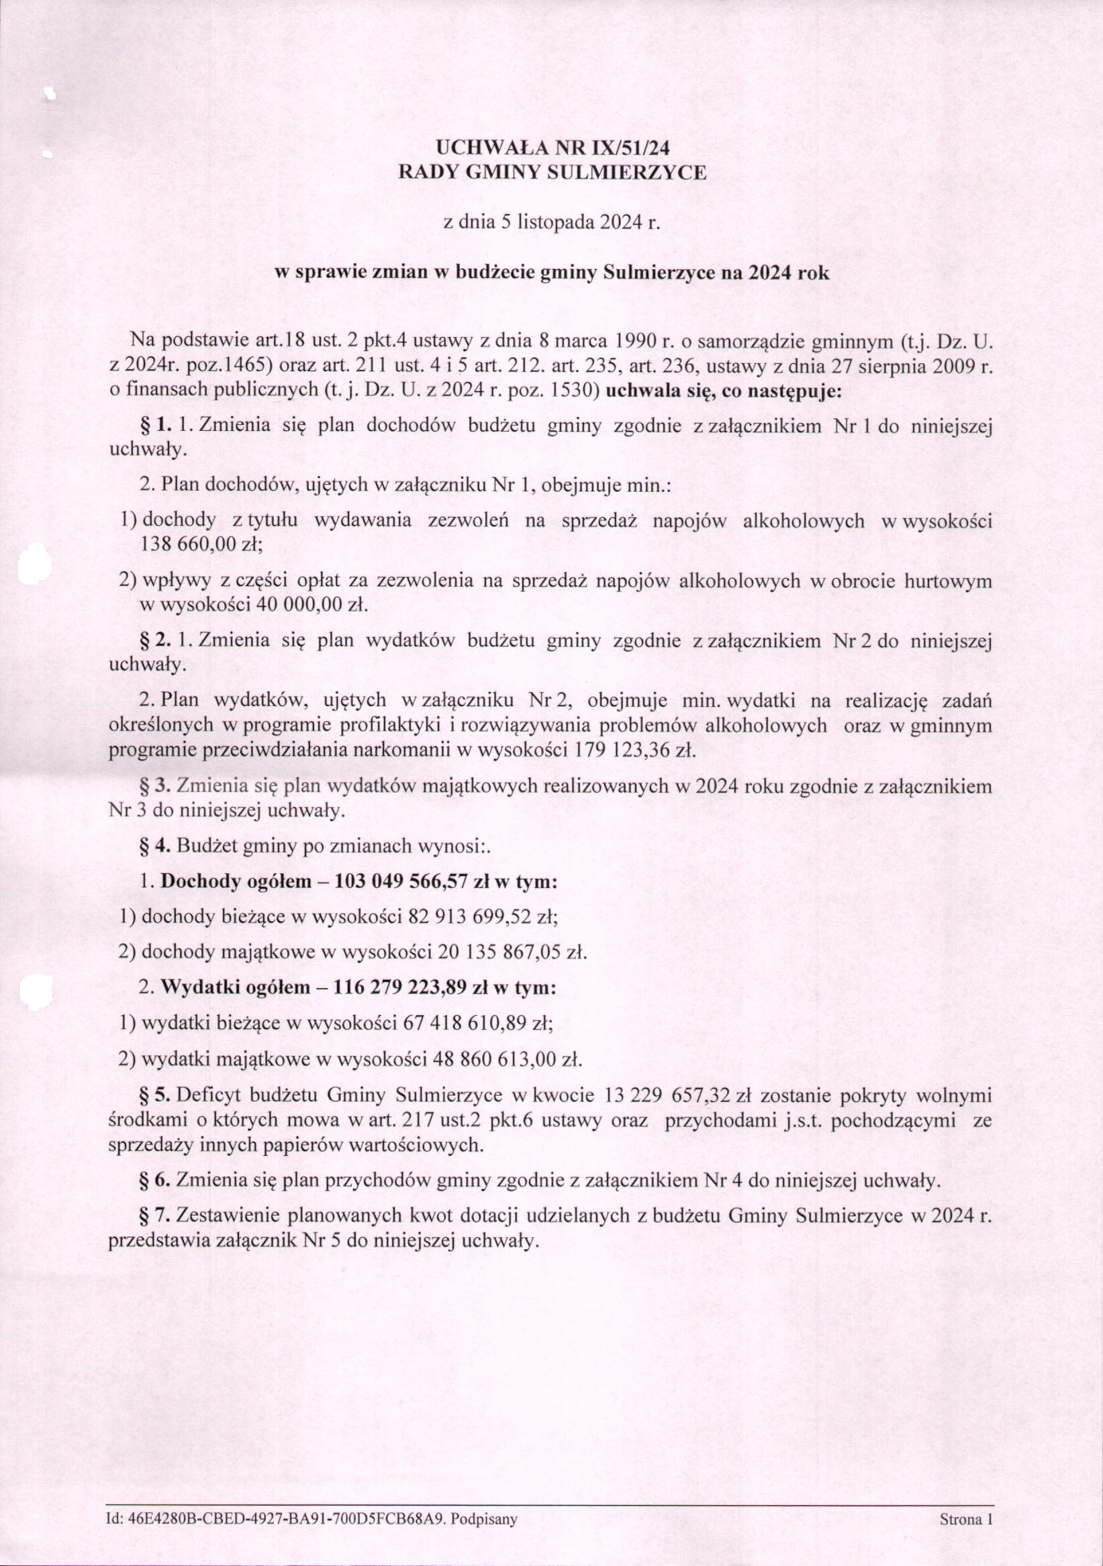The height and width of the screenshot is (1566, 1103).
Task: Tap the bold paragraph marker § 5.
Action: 156,1096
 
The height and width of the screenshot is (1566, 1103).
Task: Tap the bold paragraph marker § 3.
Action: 156,787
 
